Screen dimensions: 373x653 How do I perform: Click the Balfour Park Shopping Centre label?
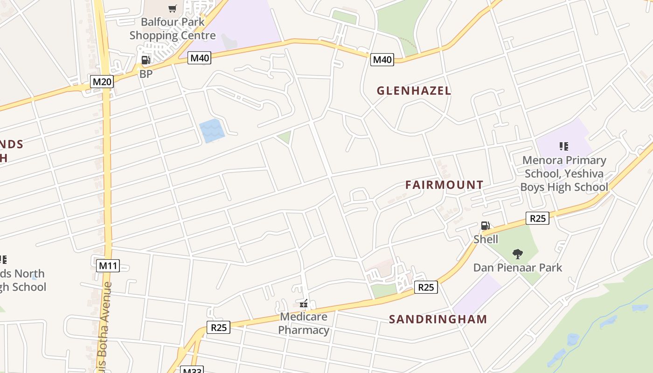click(173, 28)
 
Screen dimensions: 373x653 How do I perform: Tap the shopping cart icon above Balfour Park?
click(173, 8)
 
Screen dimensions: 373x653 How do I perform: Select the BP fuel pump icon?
click(146, 60)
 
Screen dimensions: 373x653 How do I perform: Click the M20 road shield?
click(102, 82)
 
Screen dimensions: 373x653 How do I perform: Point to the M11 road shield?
click(108, 266)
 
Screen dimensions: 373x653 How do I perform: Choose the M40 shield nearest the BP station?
click(200, 58)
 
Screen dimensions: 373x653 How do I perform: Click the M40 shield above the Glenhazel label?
click(382, 59)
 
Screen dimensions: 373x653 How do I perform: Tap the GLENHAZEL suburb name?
click(414, 91)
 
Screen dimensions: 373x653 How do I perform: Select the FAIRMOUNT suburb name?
click(444, 185)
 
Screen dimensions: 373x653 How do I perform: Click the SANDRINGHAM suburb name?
click(438, 319)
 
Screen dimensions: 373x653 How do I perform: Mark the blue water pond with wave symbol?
click(211, 131)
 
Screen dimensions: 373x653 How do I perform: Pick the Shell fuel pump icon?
click(485, 226)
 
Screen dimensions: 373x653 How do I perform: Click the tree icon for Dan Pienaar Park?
click(517, 254)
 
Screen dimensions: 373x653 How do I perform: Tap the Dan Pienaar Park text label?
click(518, 268)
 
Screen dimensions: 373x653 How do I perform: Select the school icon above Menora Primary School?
click(563, 147)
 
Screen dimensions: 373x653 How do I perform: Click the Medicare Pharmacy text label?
click(304, 323)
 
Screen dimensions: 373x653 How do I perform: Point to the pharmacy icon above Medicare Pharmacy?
click(304, 304)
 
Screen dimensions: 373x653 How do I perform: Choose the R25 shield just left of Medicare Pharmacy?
click(218, 327)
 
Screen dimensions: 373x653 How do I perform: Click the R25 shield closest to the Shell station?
click(537, 218)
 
